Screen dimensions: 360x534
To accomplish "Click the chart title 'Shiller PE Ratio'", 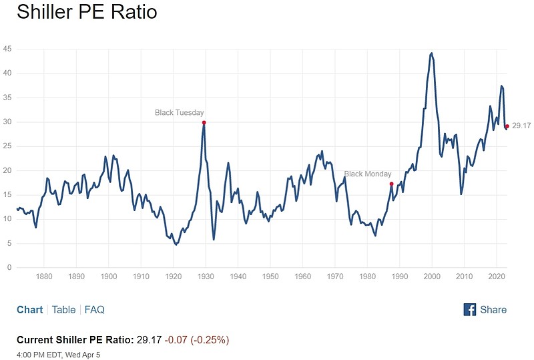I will coord(87,12).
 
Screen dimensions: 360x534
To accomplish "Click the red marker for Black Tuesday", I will coord(204,122).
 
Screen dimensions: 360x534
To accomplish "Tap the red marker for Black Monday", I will coord(391,184).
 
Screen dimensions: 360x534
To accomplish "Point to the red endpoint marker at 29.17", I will coord(507,126).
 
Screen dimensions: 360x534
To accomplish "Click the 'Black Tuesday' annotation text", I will coord(179,113).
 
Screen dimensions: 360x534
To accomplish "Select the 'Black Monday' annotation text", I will coord(368,174).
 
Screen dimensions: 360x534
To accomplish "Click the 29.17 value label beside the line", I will coord(521,126).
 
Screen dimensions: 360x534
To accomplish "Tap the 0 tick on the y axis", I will coord(9,268).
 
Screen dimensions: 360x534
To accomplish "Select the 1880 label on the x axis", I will coord(44,277).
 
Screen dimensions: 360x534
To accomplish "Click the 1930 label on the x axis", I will coord(206,277).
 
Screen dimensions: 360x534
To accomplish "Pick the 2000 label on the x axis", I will coord(432,277).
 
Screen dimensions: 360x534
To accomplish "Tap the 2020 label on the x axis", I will coord(497,277).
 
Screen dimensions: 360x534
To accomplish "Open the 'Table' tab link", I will coord(63,310).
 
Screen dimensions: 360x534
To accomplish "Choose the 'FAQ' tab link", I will coord(94,310).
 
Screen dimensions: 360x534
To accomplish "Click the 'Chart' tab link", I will coord(29,310).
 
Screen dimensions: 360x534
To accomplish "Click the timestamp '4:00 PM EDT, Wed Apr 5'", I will coord(59,353).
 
